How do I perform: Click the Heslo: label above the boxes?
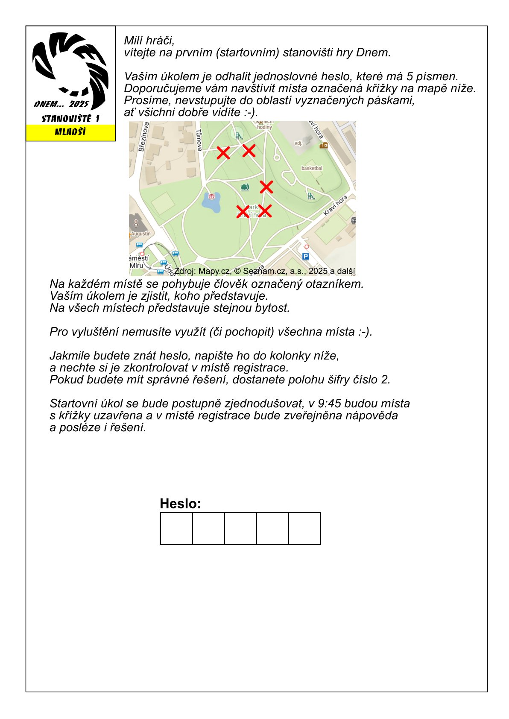180,503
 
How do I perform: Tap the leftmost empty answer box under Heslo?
176,529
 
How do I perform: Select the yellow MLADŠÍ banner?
70,132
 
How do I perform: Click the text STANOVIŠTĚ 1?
70,119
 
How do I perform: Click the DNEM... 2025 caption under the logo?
61,104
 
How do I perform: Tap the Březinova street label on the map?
144,137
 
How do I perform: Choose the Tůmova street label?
199,140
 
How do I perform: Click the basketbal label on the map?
312,168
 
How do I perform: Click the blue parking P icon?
305,256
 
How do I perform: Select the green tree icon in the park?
245,187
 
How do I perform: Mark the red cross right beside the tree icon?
266,187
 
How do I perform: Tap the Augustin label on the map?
141,234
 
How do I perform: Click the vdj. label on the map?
298,143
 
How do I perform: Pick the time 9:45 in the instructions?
329,403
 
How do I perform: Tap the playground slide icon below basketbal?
311,196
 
